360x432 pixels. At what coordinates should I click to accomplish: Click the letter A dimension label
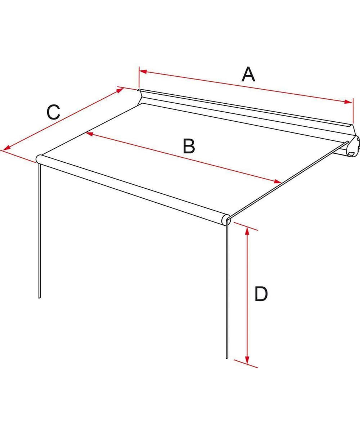[x=248, y=74]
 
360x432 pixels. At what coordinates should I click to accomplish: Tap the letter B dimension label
[x=189, y=146]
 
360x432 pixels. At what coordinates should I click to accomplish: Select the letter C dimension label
[x=53, y=112]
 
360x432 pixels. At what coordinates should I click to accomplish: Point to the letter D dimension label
[x=261, y=294]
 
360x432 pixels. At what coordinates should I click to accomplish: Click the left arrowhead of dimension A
[x=143, y=72]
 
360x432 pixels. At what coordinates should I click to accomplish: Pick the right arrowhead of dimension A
[x=348, y=102]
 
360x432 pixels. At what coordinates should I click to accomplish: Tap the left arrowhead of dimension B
[x=89, y=134]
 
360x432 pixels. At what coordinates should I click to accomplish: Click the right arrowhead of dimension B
[x=278, y=181]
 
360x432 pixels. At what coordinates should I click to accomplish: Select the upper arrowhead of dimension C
[x=120, y=90]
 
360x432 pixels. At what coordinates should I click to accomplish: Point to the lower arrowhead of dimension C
[x=7, y=148]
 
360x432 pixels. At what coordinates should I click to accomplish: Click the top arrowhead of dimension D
[x=247, y=231]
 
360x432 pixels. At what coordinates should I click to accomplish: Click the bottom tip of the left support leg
[x=39, y=298]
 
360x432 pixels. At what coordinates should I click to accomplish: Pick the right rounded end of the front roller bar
[x=226, y=220]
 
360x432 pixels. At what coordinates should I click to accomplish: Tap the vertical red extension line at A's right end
[x=353, y=111]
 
